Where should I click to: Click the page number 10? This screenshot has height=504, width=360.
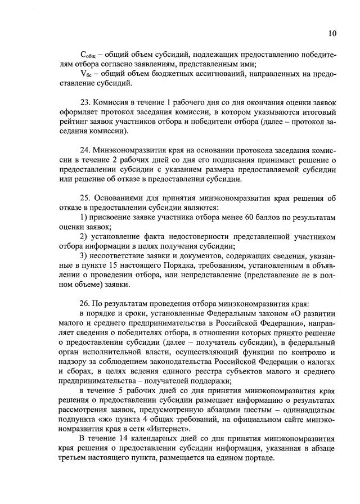coord(332,33)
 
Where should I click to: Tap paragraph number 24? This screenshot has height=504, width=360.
coord(87,151)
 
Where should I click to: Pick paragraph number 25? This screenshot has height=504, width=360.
coord(87,199)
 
